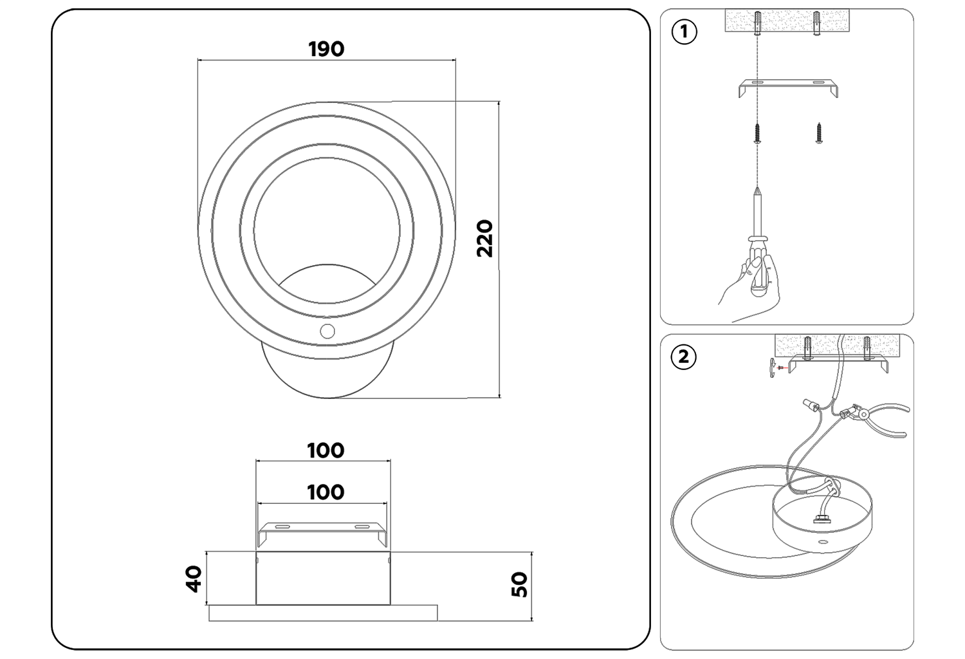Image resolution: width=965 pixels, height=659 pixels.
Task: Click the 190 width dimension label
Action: (326, 49)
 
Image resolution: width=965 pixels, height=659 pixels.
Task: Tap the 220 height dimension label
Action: (485, 239)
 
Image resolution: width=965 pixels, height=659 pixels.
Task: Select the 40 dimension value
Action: (194, 578)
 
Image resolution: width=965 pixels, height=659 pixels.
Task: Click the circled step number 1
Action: (684, 32)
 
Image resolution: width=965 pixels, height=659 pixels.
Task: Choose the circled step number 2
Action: (683, 356)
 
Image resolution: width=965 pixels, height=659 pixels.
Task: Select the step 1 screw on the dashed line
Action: (758, 134)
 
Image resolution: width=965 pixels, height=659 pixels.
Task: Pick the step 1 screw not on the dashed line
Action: (819, 134)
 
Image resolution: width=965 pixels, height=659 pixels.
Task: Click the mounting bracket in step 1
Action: (788, 87)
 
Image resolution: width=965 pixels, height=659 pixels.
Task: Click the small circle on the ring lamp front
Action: (327, 331)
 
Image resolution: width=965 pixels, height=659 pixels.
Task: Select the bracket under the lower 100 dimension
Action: (322, 532)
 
